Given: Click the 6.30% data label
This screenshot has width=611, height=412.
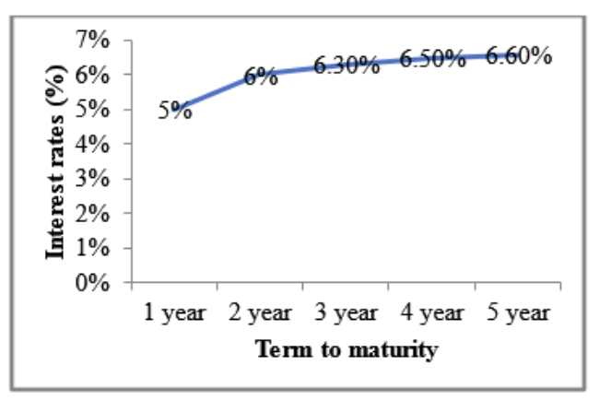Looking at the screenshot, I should coord(347,65).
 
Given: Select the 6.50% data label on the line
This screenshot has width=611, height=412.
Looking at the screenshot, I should coord(432,59).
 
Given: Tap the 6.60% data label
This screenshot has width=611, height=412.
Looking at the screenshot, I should coord(519,55).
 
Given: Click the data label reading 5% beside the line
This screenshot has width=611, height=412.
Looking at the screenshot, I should coord(175,111).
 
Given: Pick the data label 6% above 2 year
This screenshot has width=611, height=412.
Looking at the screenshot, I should coord(261,77).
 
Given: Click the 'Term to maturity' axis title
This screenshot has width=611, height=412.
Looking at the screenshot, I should coord(347,349).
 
